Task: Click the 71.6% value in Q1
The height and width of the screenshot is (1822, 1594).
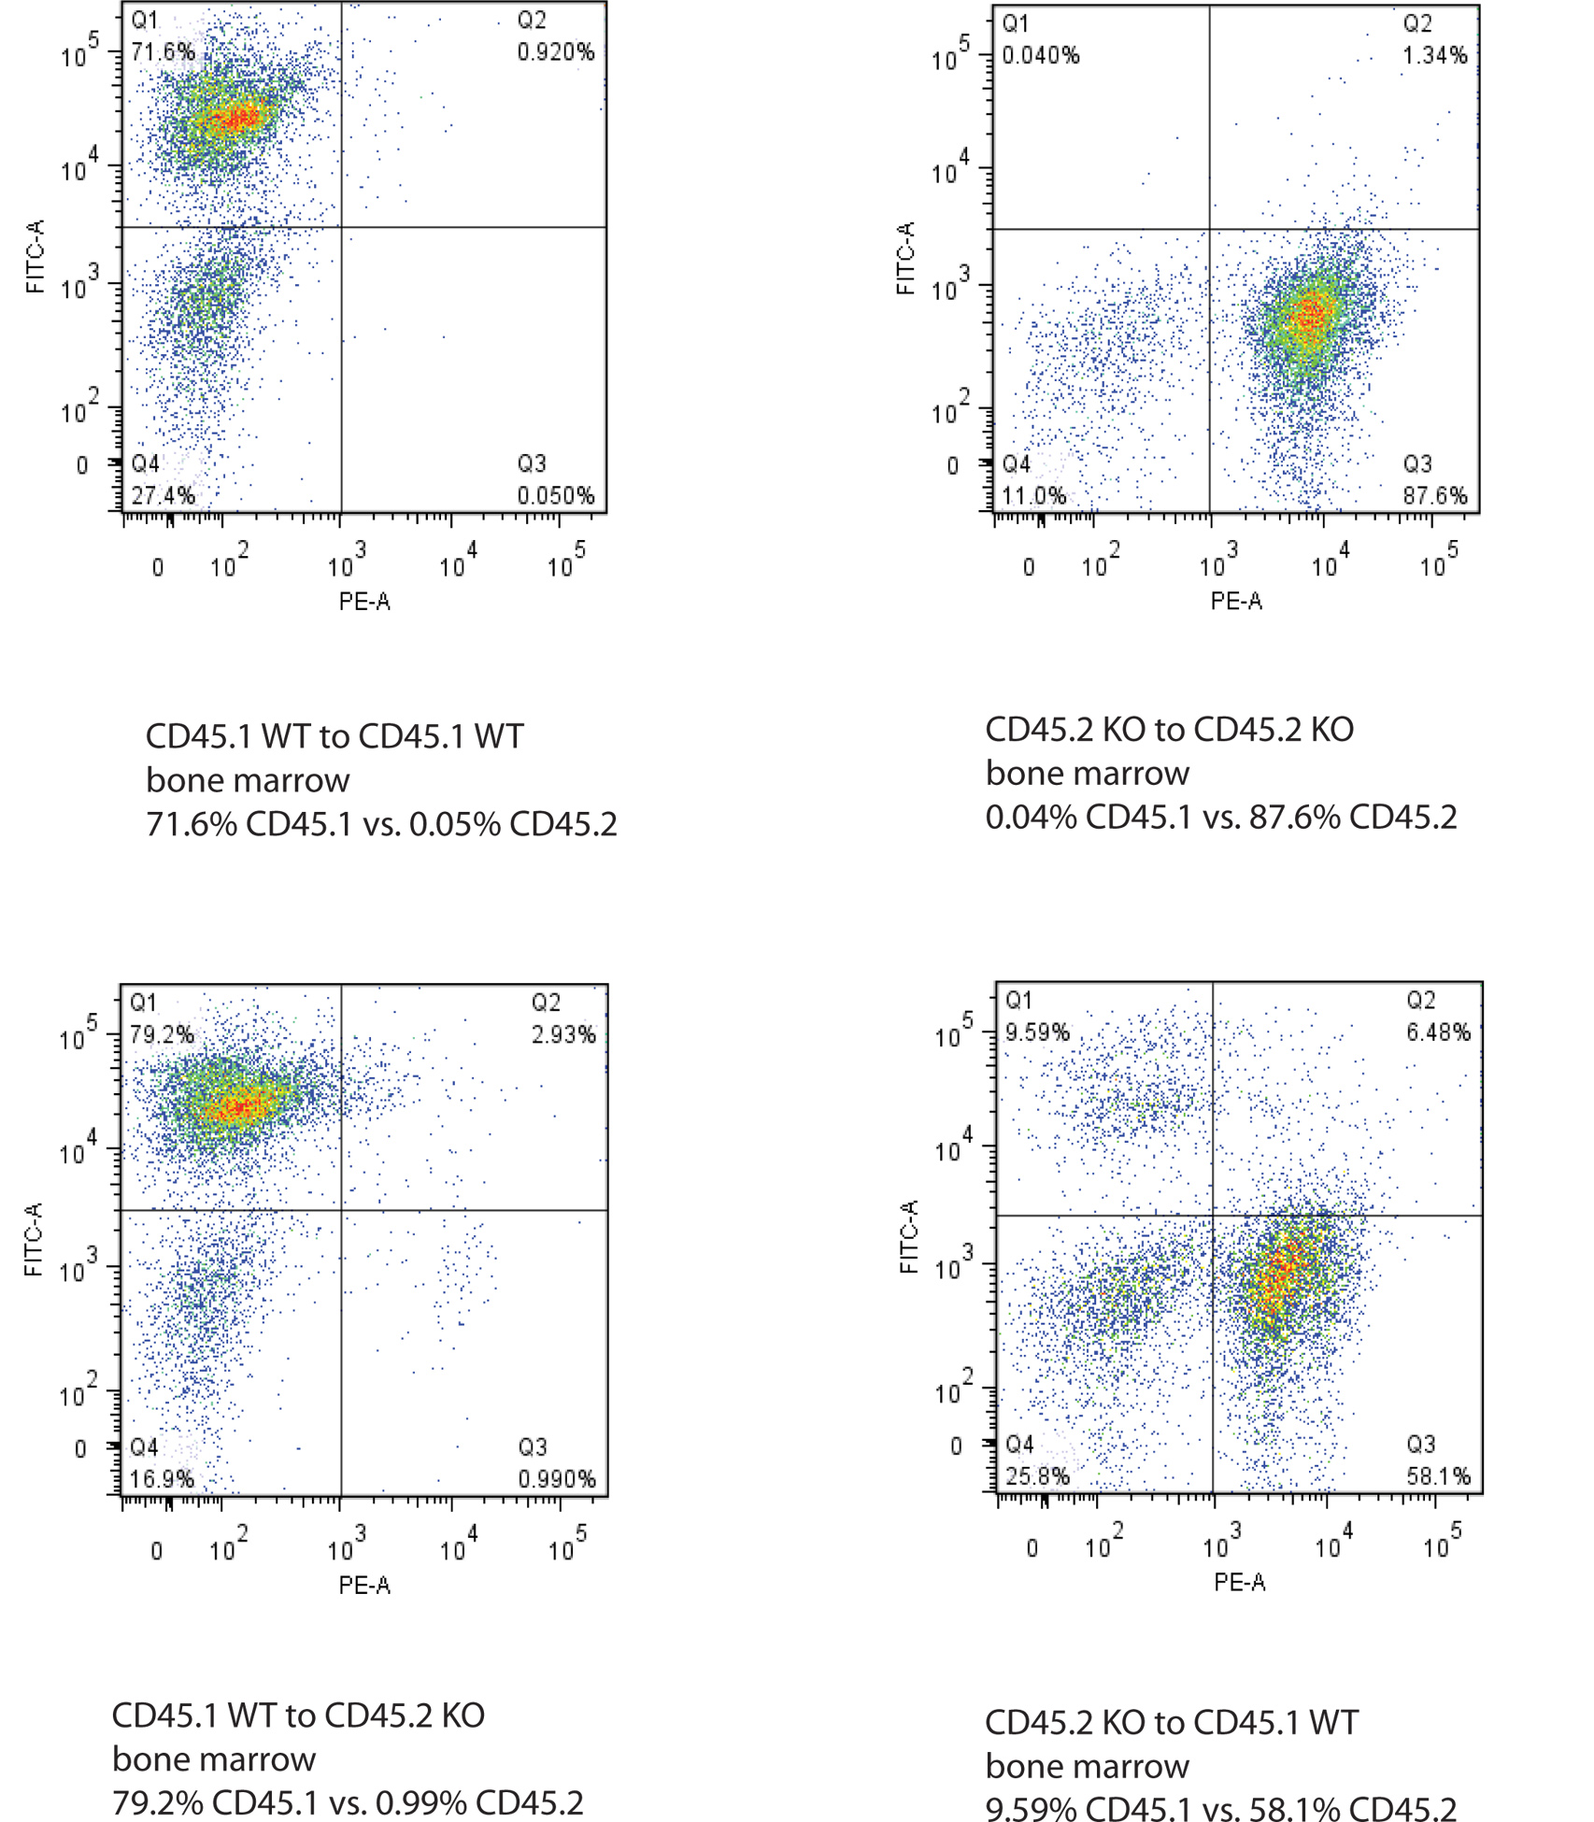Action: pos(163,51)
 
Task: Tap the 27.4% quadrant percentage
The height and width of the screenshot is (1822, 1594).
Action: pos(163,495)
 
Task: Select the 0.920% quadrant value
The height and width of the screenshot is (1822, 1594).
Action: pos(556,51)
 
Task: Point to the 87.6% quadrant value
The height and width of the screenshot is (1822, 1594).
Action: pos(1434,495)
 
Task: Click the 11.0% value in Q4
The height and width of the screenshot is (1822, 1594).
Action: pos(1034,495)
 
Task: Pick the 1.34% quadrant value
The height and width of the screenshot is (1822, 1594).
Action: pos(1434,55)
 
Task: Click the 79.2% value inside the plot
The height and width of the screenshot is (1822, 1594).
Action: pos(162,1034)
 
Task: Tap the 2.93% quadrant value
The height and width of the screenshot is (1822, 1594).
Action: pos(563,1034)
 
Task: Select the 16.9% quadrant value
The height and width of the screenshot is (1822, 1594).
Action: pos(162,1479)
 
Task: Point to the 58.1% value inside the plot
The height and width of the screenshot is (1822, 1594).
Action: pos(1438,1476)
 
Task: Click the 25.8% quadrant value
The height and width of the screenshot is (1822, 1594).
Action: pos(1037,1476)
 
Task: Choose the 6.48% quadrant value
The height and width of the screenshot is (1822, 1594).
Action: pos(1438,1032)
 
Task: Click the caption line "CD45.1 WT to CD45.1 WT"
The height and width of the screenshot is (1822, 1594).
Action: pos(334,737)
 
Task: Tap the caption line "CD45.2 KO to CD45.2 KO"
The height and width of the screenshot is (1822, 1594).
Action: pos(1169,730)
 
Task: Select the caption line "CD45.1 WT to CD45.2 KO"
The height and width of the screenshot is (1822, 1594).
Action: pos(298,1715)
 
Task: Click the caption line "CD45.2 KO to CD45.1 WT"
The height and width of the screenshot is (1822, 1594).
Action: pos(1172,1722)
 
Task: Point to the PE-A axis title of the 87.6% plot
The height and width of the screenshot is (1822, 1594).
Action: pos(1236,601)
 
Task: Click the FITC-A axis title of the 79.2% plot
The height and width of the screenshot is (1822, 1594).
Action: pos(34,1240)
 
